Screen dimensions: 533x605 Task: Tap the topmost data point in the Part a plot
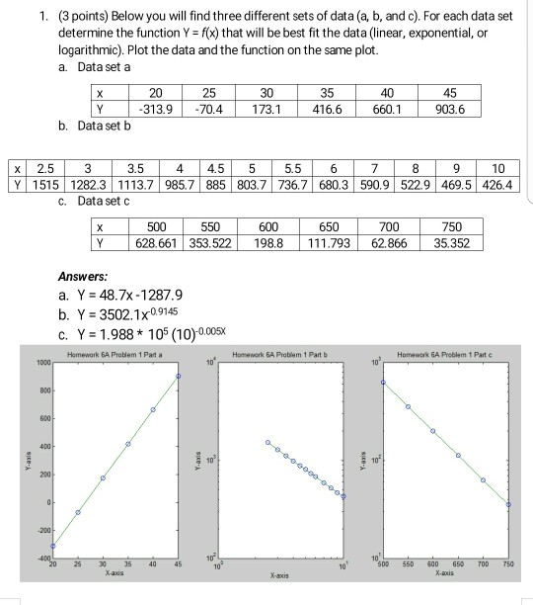(180, 376)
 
